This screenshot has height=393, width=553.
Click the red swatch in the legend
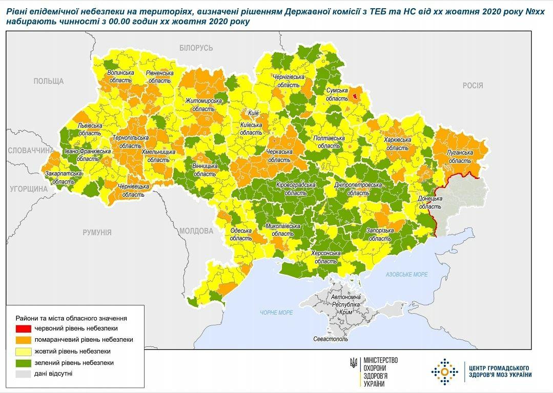[x=23, y=328]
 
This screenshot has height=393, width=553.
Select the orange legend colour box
[x=23, y=339]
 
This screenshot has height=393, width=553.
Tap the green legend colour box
[x=23, y=362]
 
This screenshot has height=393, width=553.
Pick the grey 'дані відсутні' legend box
[x=23, y=374]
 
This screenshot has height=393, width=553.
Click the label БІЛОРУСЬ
[x=196, y=48]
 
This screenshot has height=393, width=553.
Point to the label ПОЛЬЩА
[x=48, y=81]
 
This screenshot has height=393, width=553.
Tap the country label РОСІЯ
[x=473, y=86]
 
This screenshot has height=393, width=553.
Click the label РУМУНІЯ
[x=97, y=232]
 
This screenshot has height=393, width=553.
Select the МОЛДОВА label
[x=196, y=231]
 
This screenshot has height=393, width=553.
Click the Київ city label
[x=253, y=113]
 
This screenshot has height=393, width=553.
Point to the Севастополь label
[x=330, y=339]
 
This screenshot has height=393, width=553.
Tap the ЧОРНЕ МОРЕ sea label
[x=276, y=313]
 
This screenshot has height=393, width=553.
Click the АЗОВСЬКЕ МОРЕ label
[x=406, y=275]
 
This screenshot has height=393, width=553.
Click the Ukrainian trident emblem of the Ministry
[x=354, y=362]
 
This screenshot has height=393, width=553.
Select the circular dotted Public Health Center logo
[x=444, y=371]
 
